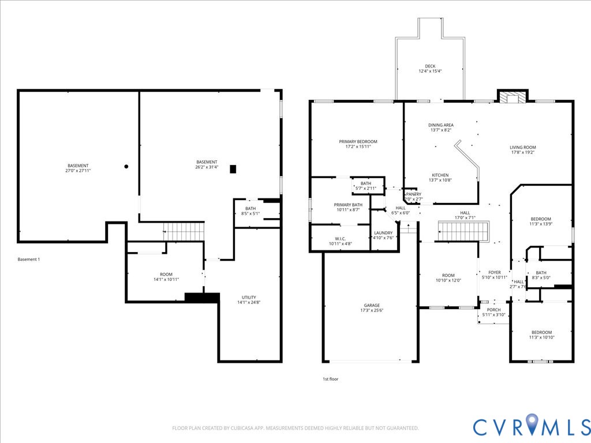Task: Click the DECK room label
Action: coord(430,66)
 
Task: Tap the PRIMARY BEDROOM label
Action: coord(358,142)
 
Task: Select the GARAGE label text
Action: coord(372,306)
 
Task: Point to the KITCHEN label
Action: coord(440,175)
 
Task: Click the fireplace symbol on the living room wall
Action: coord(513,97)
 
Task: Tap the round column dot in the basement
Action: coord(126,167)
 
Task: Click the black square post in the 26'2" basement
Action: coord(233,169)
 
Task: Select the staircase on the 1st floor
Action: coord(463,231)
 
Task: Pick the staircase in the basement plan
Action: coord(184,231)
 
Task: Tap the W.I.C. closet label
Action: coord(340,238)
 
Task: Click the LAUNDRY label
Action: coord(383,233)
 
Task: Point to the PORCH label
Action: coord(493,310)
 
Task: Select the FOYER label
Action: coord(495,272)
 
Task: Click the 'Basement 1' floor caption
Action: coord(29,260)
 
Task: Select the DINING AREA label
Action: coord(440,125)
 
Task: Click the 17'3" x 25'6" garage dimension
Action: coord(372,311)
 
